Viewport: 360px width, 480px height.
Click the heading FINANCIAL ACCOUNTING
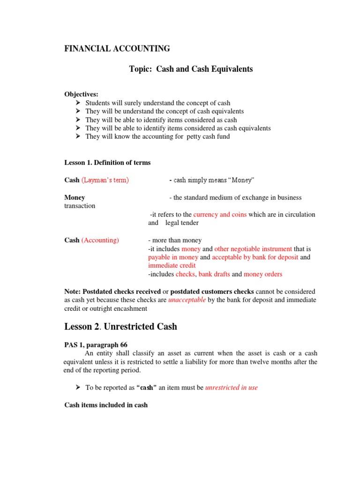pos(117,48)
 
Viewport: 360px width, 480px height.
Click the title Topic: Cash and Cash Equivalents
pos(191,69)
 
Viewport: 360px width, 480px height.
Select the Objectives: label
pos(81,94)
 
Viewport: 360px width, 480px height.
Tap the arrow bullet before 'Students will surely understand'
pos(78,103)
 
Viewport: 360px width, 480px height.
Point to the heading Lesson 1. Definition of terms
pos(107,163)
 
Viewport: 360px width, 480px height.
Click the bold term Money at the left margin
pos(75,197)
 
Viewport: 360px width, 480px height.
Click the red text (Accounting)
pos(100,240)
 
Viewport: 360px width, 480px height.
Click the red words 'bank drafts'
pos(214,274)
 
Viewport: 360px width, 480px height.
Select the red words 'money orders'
pos(263,274)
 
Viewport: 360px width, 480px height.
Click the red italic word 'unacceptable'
pos(187,300)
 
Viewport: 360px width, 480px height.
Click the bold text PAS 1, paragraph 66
pos(96,345)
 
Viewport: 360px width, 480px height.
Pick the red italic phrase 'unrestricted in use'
pos(232,388)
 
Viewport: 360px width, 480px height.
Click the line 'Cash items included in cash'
pos(106,405)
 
